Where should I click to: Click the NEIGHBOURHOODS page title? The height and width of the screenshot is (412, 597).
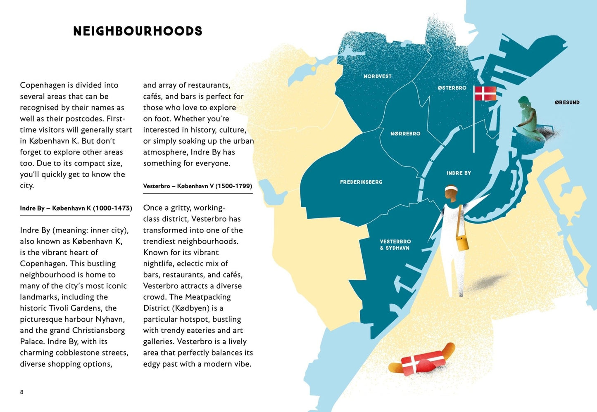(x=138, y=31)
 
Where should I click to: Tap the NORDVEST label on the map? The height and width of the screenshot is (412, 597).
(x=377, y=76)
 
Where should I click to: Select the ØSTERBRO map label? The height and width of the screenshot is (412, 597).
(x=452, y=88)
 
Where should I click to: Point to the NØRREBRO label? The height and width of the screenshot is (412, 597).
(x=405, y=134)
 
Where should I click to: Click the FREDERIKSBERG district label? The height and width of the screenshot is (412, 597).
(x=361, y=182)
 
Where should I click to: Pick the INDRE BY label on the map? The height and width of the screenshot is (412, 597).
(x=459, y=173)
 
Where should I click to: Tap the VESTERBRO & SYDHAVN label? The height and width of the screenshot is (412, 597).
(x=395, y=245)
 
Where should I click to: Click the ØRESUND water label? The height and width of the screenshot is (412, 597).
(x=567, y=102)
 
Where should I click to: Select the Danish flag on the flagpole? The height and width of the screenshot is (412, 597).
(x=485, y=93)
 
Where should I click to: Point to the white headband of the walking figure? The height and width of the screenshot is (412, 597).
(x=452, y=189)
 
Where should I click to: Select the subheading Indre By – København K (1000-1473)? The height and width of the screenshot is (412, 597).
(x=76, y=208)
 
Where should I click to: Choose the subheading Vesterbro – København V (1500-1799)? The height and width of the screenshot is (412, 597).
(x=197, y=186)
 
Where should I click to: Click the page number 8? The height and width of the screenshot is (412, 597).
(x=22, y=392)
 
